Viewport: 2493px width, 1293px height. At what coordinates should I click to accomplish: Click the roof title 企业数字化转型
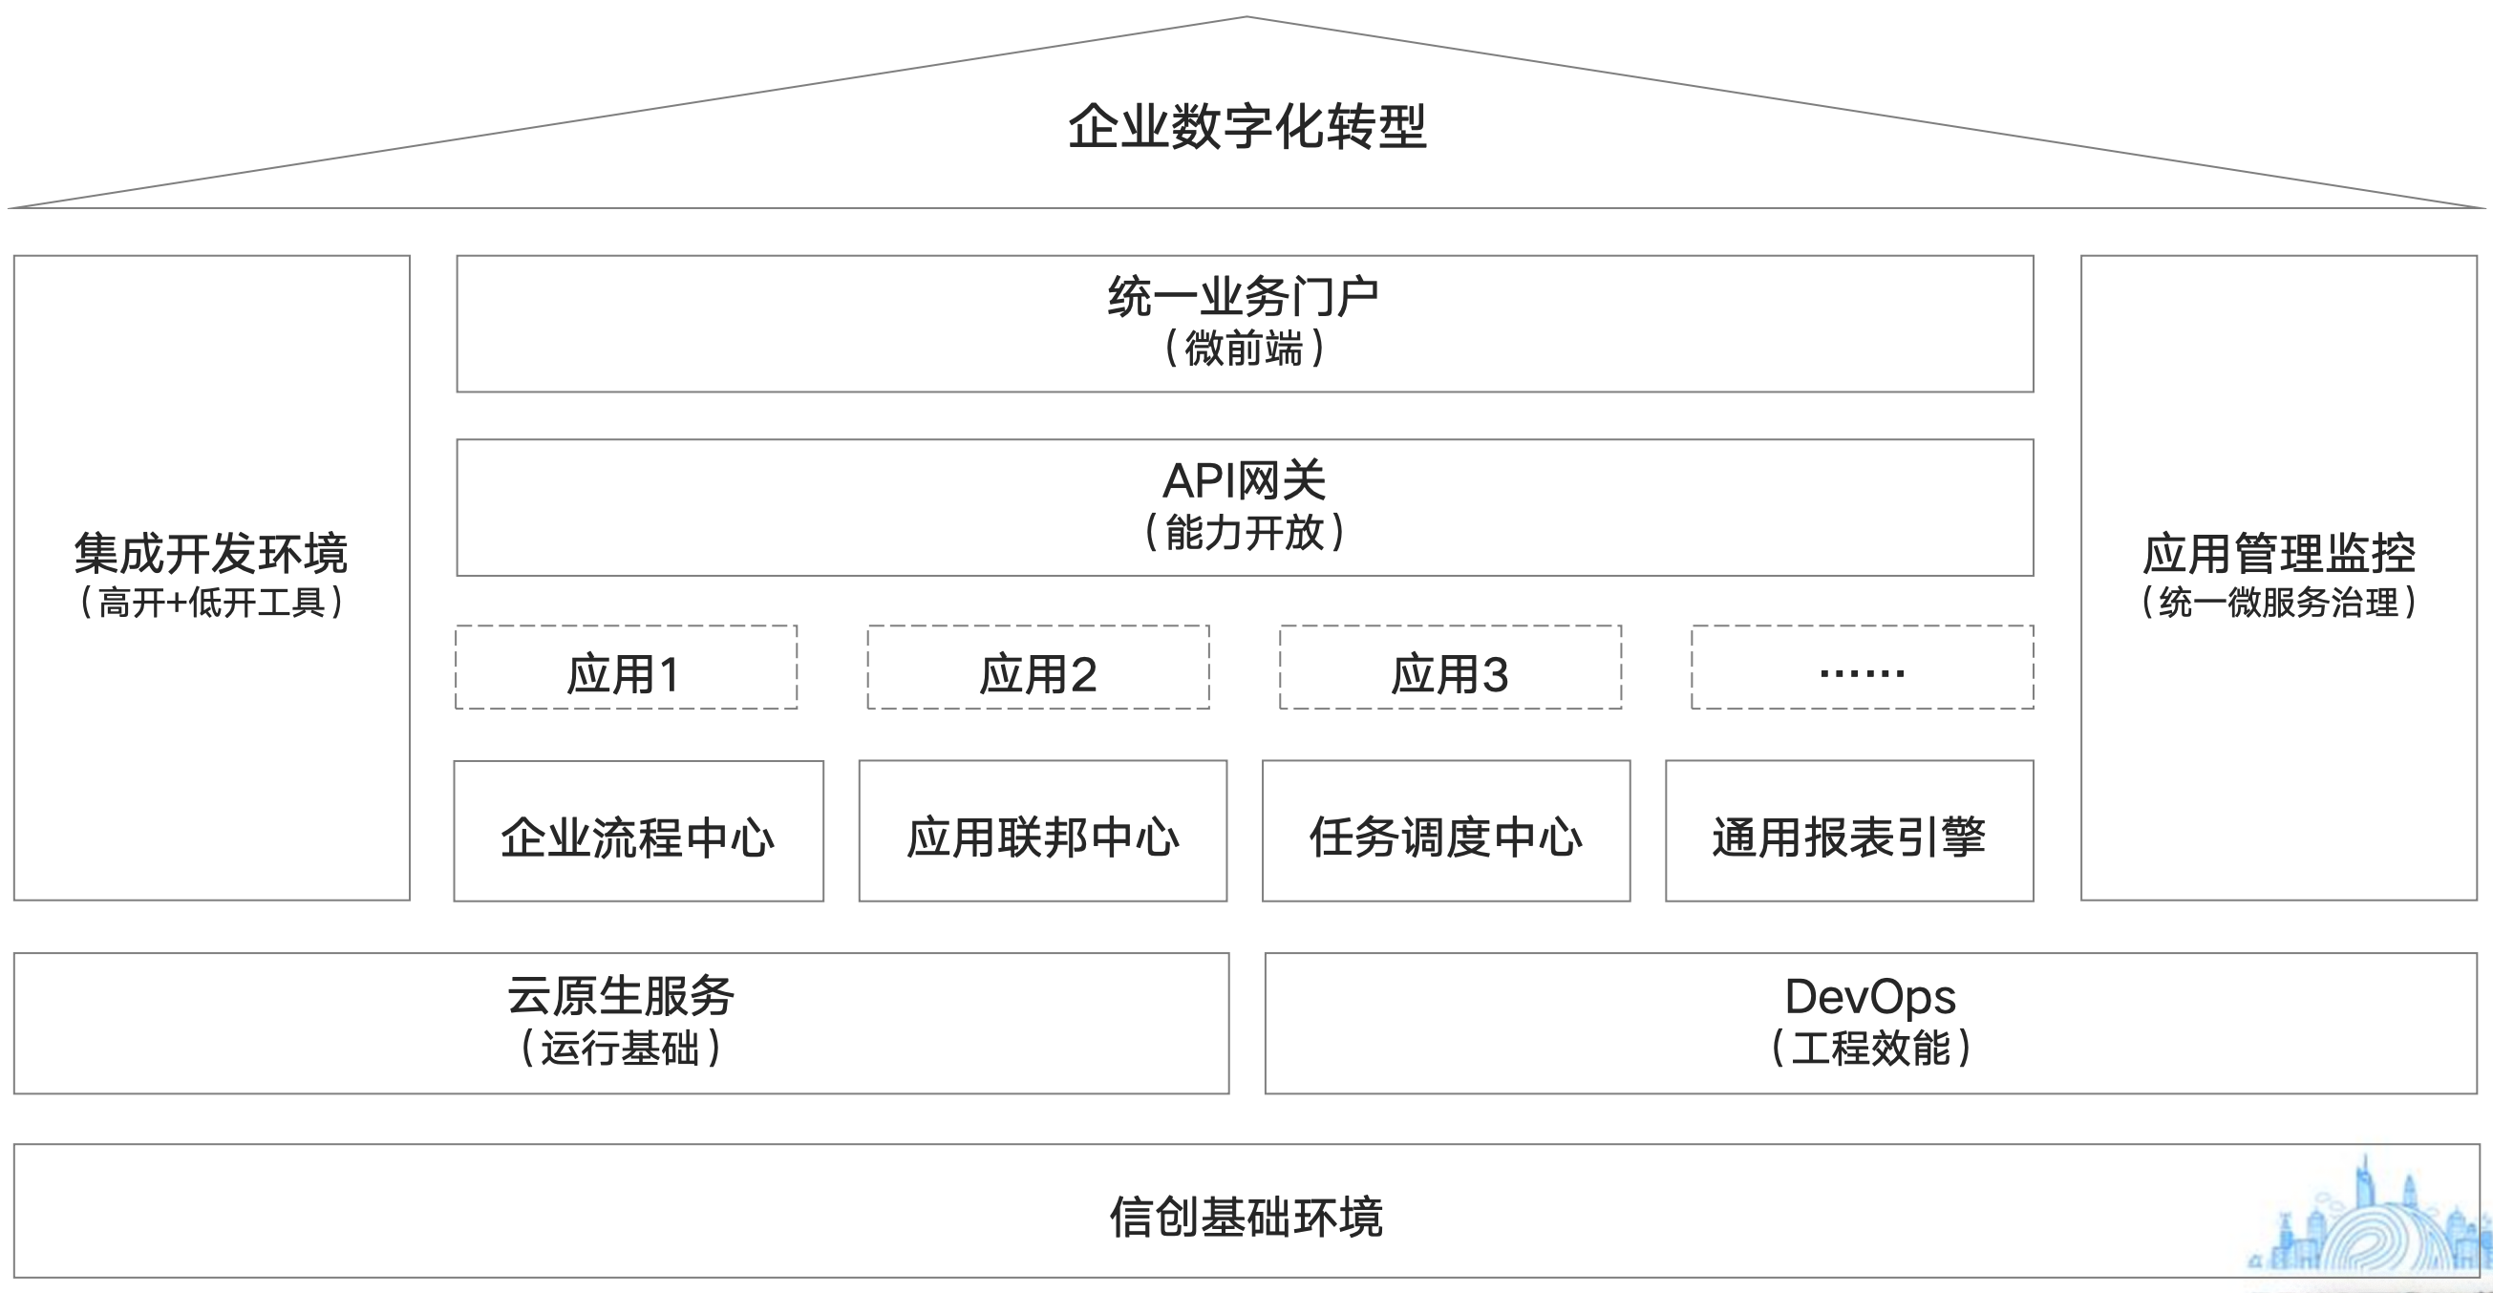[x=1246, y=127]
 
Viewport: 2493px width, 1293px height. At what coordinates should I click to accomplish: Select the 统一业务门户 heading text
[x=1244, y=296]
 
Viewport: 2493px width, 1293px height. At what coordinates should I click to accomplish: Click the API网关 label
[x=1244, y=480]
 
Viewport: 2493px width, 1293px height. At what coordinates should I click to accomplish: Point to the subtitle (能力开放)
[x=1244, y=532]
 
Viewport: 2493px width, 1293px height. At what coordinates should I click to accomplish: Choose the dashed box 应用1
[x=626, y=668]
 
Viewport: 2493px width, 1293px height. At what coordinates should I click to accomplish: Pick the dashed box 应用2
[x=1037, y=668]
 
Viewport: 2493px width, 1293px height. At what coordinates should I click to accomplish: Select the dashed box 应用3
[x=1450, y=668]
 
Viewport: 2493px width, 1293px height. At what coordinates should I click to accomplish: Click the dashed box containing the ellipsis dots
[x=1861, y=668]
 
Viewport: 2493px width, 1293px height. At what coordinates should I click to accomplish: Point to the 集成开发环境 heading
[x=211, y=554]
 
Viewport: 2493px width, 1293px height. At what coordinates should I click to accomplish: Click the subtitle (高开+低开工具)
[x=211, y=603]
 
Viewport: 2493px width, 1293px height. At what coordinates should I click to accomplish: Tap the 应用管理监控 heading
[x=2278, y=554]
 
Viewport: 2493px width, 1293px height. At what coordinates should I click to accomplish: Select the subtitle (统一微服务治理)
[x=2278, y=603]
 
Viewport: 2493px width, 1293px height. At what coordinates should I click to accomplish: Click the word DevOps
[x=1870, y=997]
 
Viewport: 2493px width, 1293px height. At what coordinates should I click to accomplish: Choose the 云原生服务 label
[x=620, y=996]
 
